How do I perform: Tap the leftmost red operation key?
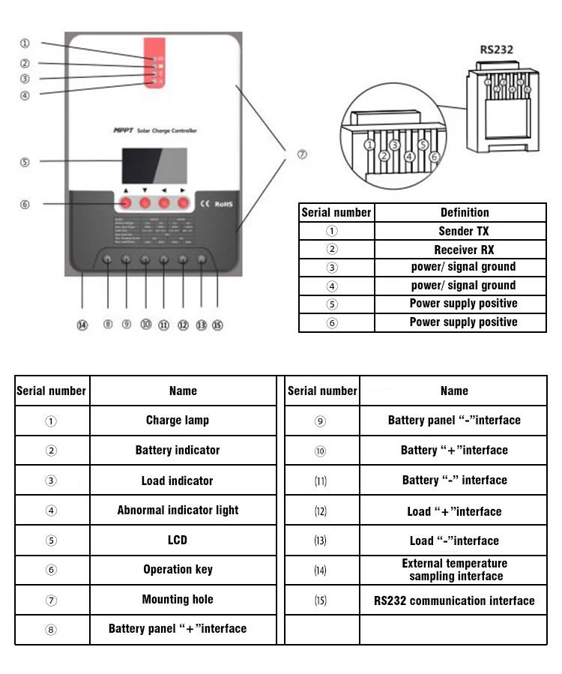click(x=126, y=203)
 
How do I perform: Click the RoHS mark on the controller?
click(x=225, y=203)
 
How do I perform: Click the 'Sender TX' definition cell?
click(x=463, y=232)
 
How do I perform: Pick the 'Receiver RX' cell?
click(x=463, y=250)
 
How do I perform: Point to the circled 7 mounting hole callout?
click(x=302, y=154)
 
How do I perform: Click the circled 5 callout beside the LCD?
click(x=25, y=162)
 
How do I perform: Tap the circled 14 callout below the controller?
click(x=82, y=325)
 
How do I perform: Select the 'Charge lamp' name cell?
click(x=178, y=420)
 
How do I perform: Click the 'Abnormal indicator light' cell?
click(x=178, y=510)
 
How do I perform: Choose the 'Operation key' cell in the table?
click(x=178, y=569)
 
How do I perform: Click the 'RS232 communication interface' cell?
click(x=454, y=601)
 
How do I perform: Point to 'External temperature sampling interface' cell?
click(x=454, y=570)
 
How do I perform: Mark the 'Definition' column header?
click(x=464, y=213)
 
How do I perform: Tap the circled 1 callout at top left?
click(x=25, y=43)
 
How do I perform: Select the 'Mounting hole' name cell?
click(x=178, y=599)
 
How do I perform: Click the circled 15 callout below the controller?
click(x=217, y=325)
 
